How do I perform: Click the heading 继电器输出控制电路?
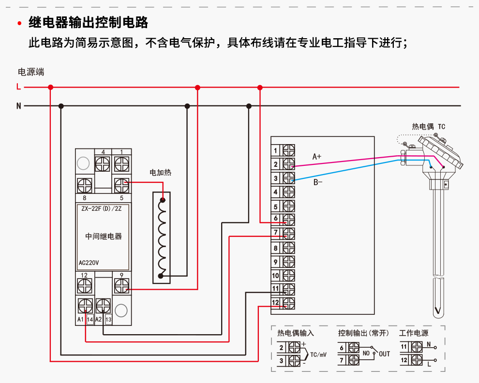pyautogui.click(x=88, y=23)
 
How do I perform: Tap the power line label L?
pyautogui.click(x=18, y=88)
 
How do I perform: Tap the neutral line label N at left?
pyautogui.click(x=18, y=106)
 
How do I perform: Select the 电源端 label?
pyautogui.click(x=31, y=72)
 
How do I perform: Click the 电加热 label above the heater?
pyautogui.click(x=161, y=172)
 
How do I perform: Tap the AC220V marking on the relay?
pyautogui.click(x=89, y=264)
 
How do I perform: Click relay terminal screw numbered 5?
pyautogui.click(x=121, y=185)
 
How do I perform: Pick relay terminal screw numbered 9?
pyautogui.click(x=121, y=286)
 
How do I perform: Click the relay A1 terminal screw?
pyautogui.click(x=85, y=306)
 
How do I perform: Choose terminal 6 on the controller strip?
pyautogui.click(x=288, y=220)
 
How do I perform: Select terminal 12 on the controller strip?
pyautogui.click(x=288, y=303)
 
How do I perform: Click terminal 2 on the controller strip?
pyautogui.click(x=288, y=164)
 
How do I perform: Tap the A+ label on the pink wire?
pyautogui.click(x=317, y=157)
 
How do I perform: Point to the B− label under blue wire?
pyautogui.click(x=318, y=182)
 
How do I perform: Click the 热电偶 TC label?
pyautogui.click(x=428, y=127)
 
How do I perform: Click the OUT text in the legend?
pyautogui.click(x=384, y=354)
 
